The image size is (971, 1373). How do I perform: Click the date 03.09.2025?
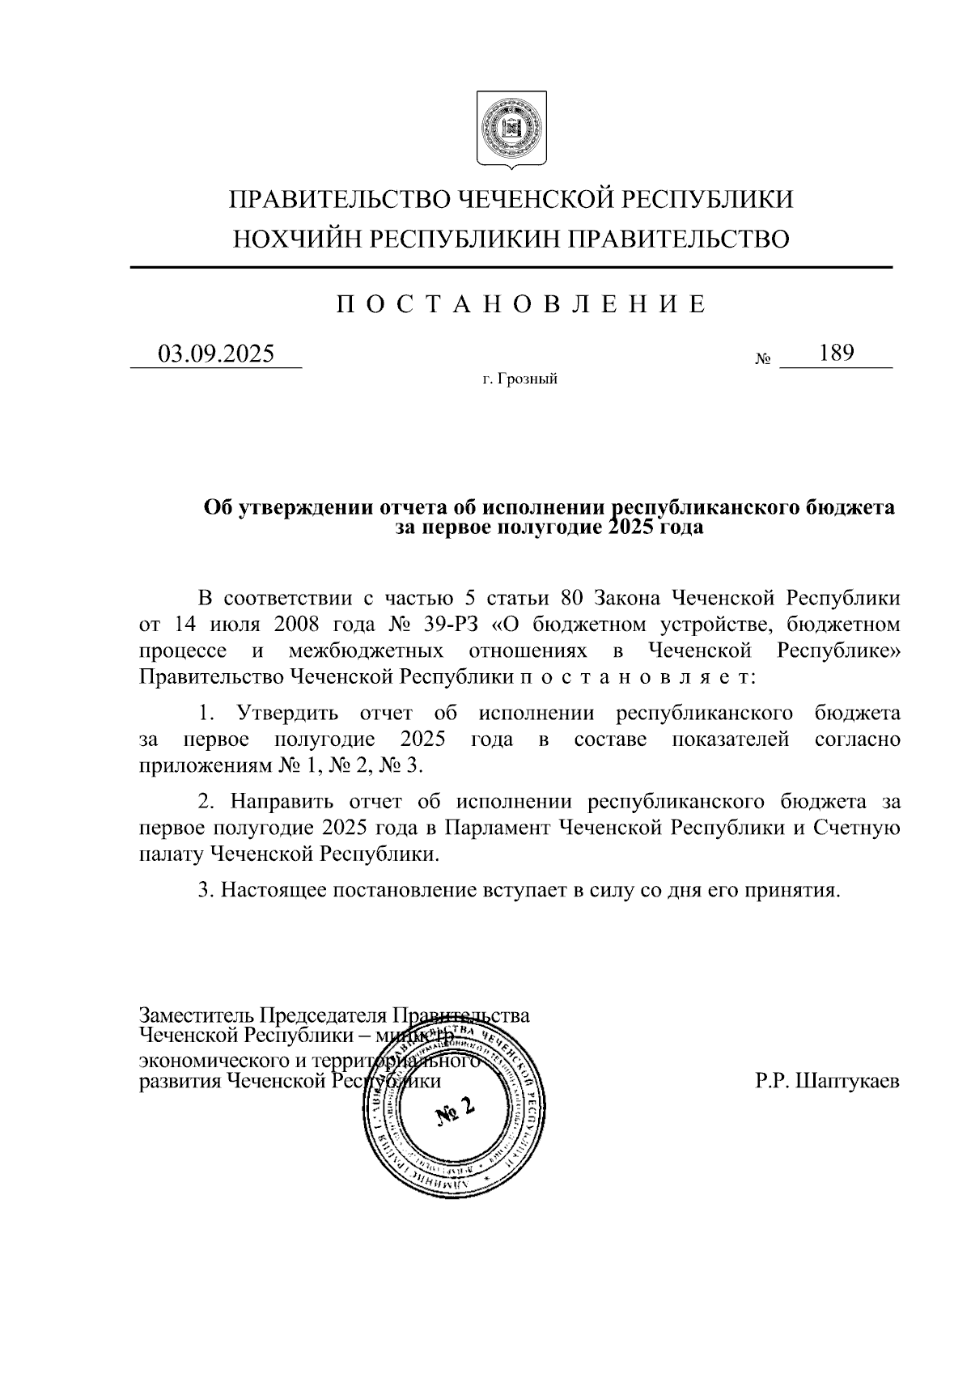pos(216,354)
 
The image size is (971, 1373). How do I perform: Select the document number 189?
pos(837,353)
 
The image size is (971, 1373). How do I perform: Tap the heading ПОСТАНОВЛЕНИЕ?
pos(521,304)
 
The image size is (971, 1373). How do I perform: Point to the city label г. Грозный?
pos(520,379)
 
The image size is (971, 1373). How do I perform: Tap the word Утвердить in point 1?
pos(284,714)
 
